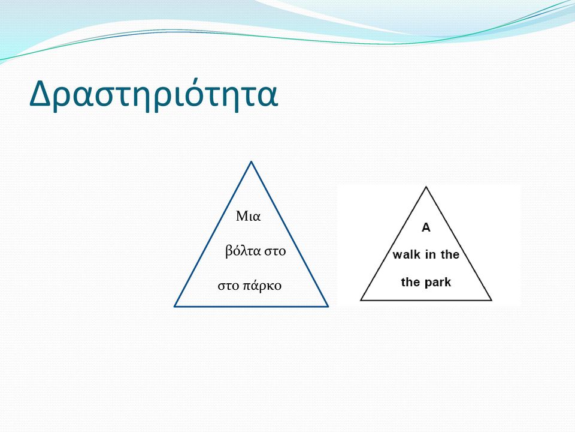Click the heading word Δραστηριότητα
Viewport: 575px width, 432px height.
[x=154, y=94]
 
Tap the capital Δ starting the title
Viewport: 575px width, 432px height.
[x=40, y=92]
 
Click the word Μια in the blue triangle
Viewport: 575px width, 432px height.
[x=248, y=216]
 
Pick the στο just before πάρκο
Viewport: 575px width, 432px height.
[x=228, y=286]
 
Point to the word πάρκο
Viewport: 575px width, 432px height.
[x=262, y=286]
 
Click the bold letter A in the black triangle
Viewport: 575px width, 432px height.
[x=426, y=228]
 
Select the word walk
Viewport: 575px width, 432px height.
[x=406, y=254]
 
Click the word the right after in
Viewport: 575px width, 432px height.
[x=450, y=254]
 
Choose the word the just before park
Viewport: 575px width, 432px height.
[x=411, y=282]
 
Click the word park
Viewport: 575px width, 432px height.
[x=438, y=283]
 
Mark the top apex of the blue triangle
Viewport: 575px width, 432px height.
[x=251, y=161]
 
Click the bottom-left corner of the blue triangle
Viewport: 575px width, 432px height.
[x=175, y=305]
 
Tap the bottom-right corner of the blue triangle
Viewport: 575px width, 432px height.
[x=328, y=305]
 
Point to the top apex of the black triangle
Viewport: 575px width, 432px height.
[x=426, y=187]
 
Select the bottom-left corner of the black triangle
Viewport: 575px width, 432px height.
[x=361, y=300]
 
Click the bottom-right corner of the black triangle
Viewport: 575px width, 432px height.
[x=491, y=300]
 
